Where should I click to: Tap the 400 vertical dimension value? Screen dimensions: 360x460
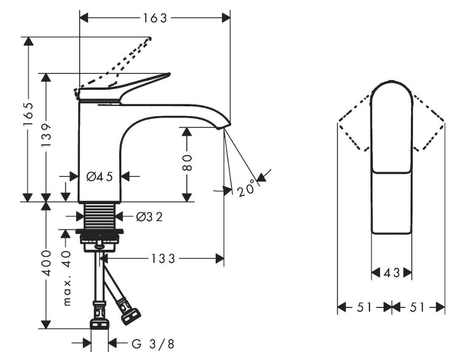(46, 265)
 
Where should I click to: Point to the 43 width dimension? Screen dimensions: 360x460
(391, 272)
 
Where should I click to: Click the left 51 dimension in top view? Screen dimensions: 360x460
(364, 308)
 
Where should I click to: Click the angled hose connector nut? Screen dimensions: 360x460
(130, 314)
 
